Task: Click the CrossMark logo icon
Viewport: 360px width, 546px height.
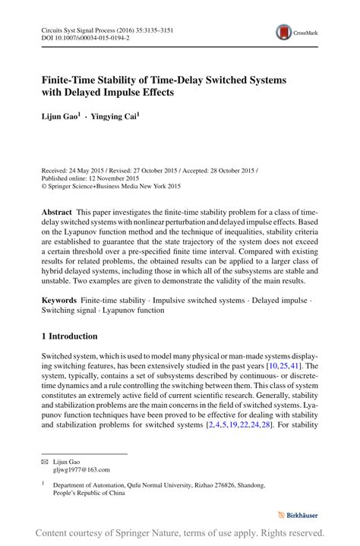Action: tap(285, 32)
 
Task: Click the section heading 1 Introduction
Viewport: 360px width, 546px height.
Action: tap(70, 336)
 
